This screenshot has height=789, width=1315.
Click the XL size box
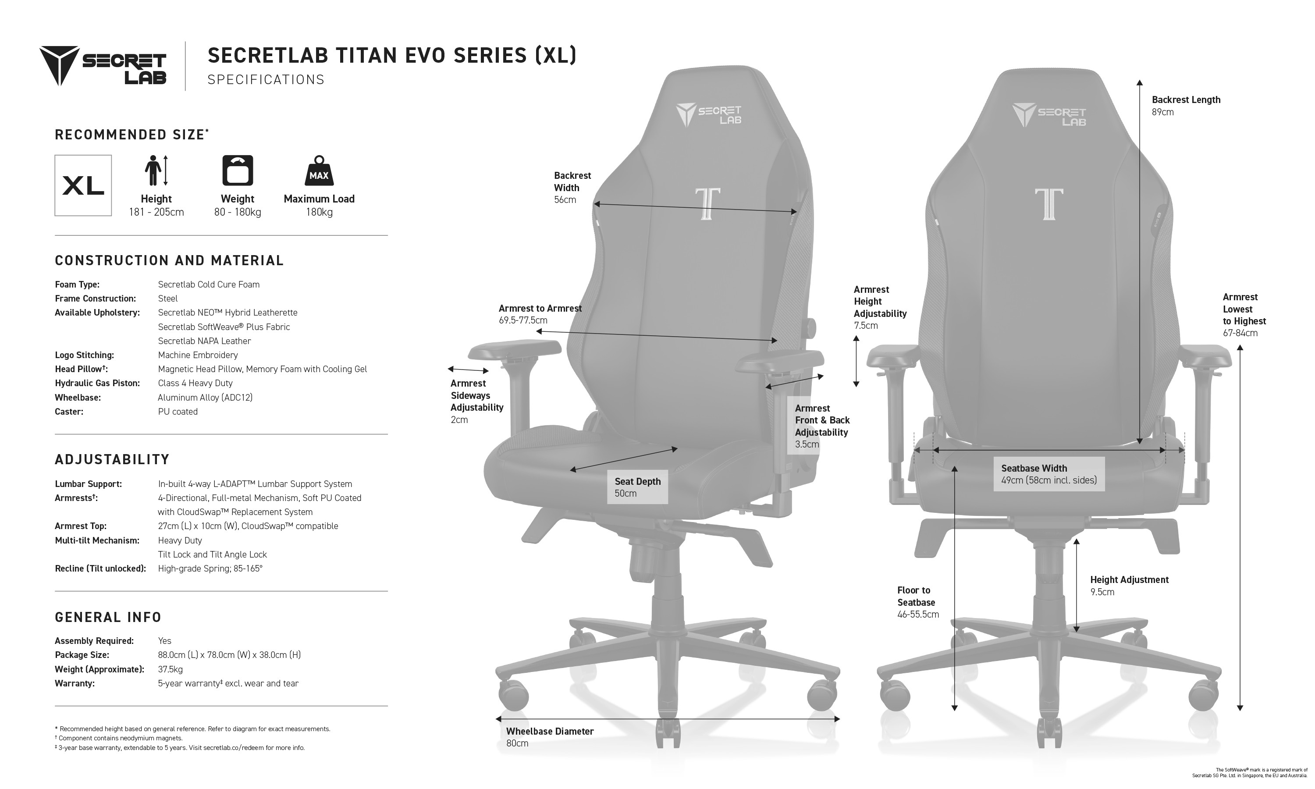(83, 185)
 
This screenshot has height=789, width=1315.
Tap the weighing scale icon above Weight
(238, 170)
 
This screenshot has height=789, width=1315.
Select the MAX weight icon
(319, 170)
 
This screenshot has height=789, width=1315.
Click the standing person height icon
(156, 170)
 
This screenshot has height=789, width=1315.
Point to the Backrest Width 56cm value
(565, 200)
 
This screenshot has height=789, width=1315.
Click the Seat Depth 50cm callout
(637, 487)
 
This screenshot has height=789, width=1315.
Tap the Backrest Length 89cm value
(1163, 112)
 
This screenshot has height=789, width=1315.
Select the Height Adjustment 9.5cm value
(1102, 592)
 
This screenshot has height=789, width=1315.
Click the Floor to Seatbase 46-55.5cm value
(918, 615)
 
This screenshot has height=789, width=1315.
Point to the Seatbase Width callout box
(1048, 474)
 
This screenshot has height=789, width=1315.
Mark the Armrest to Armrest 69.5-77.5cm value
(523, 320)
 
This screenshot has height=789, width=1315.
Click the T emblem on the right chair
(1048, 204)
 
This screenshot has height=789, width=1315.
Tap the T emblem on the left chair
(707, 204)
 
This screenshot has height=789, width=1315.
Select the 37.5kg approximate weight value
(170, 669)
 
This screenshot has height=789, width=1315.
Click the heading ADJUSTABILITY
(112, 459)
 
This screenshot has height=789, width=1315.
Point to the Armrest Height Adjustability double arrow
(857, 362)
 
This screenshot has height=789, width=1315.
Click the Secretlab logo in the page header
(103, 66)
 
